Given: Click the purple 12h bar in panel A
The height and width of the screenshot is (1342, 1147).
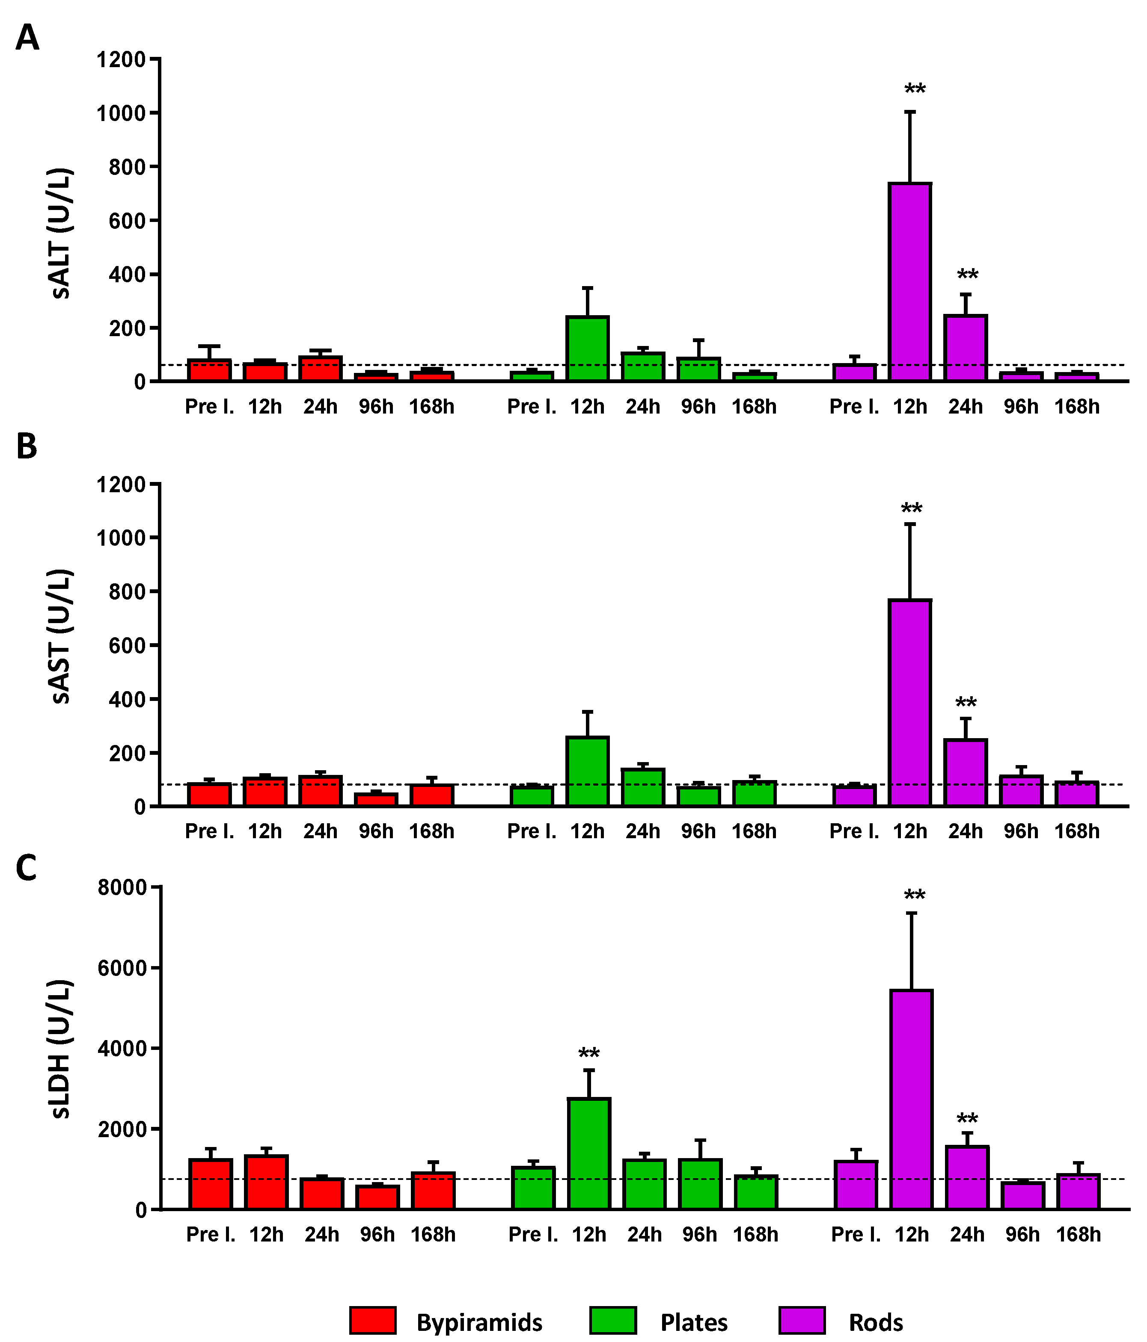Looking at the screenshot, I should tap(910, 282).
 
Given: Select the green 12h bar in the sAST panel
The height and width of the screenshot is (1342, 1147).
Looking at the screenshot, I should tap(588, 771).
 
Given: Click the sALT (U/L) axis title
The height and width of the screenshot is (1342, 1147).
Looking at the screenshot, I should tap(62, 233).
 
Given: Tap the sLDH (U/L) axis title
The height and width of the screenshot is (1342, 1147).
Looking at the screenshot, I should tap(62, 1049).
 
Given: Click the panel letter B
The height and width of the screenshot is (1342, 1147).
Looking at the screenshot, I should tap(27, 447).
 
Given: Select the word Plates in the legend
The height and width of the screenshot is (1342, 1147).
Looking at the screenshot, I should tap(693, 1322).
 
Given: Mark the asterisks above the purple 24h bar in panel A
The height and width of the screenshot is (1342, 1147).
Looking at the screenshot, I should tap(968, 275).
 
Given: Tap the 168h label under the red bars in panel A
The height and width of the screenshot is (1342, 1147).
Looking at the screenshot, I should tap(431, 407).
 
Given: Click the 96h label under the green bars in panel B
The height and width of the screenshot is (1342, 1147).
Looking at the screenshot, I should tap(698, 831).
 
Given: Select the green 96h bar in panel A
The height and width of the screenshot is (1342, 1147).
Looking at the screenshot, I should tap(698, 369).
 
